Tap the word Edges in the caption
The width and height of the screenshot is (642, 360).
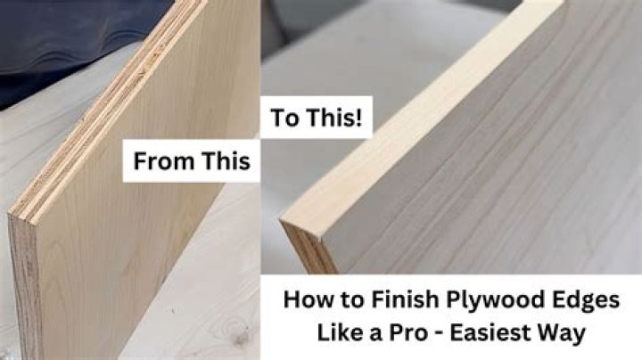(583, 299)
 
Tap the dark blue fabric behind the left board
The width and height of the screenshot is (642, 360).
(53, 36)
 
